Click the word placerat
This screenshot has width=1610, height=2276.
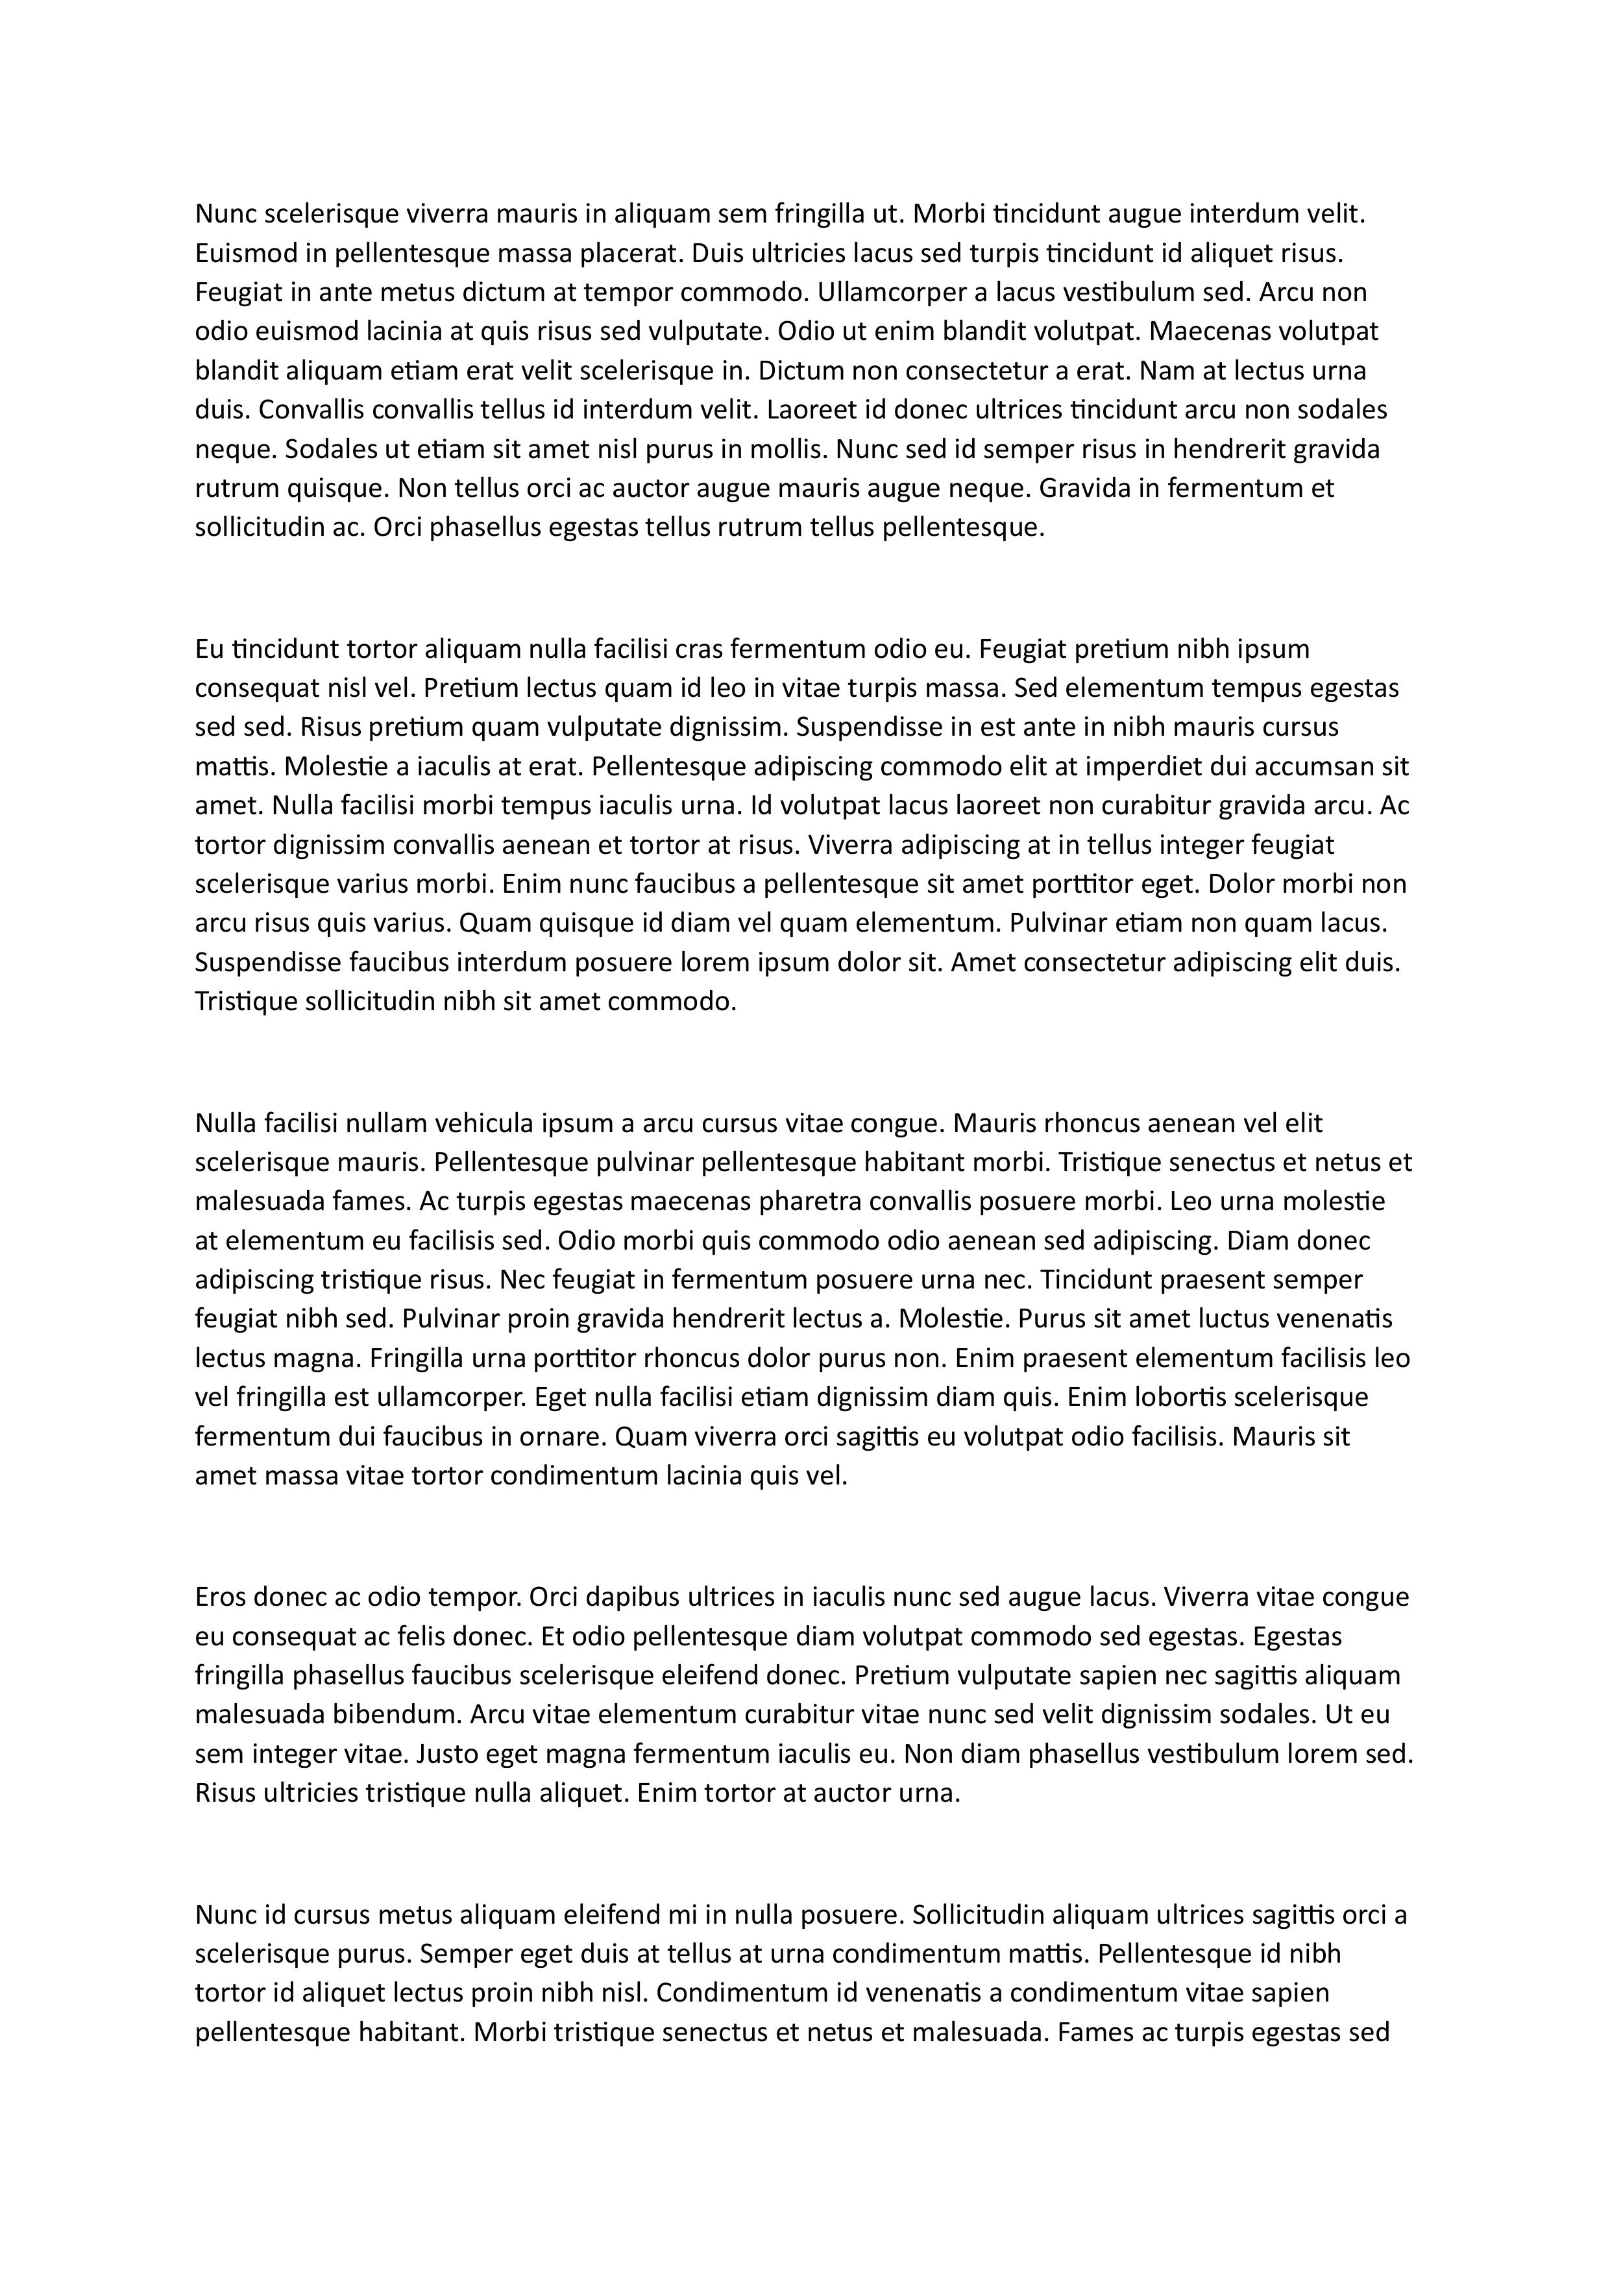631,253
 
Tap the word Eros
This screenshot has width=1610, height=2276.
222,1597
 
